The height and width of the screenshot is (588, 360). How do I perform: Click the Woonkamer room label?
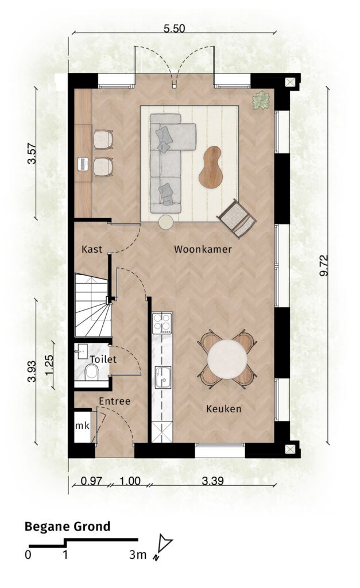[x=203, y=249]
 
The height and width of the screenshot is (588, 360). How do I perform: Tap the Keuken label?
[x=224, y=409]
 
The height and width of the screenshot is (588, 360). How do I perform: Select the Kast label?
[x=92, y=249]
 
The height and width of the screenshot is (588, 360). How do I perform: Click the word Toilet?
[x=103, y=359]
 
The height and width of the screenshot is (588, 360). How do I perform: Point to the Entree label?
[x=115, y=401]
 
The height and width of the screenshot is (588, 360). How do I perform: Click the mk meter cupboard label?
[x=83, y=426]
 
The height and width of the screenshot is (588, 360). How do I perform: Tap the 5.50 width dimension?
[x=175, y=29]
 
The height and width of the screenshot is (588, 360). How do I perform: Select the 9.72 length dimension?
[x=324, y=265]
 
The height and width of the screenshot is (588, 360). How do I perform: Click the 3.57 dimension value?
[x=32, y=154]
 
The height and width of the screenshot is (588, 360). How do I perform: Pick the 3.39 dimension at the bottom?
[x=213, y=481]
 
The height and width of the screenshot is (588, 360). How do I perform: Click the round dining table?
[x=227, y=359]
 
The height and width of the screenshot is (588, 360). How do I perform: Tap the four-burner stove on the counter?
[x=162, y=323]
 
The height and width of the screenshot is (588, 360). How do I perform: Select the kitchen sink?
[x=163, y=378]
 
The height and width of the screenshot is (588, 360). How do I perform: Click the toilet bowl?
[x=91, y=372]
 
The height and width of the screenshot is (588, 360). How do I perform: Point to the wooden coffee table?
[x=210, y=167]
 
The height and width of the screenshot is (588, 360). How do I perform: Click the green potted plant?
[x=261, y=100]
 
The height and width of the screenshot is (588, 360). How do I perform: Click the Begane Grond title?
[x=68, y=527]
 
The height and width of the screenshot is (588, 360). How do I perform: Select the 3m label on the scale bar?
[x=138, y=555]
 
